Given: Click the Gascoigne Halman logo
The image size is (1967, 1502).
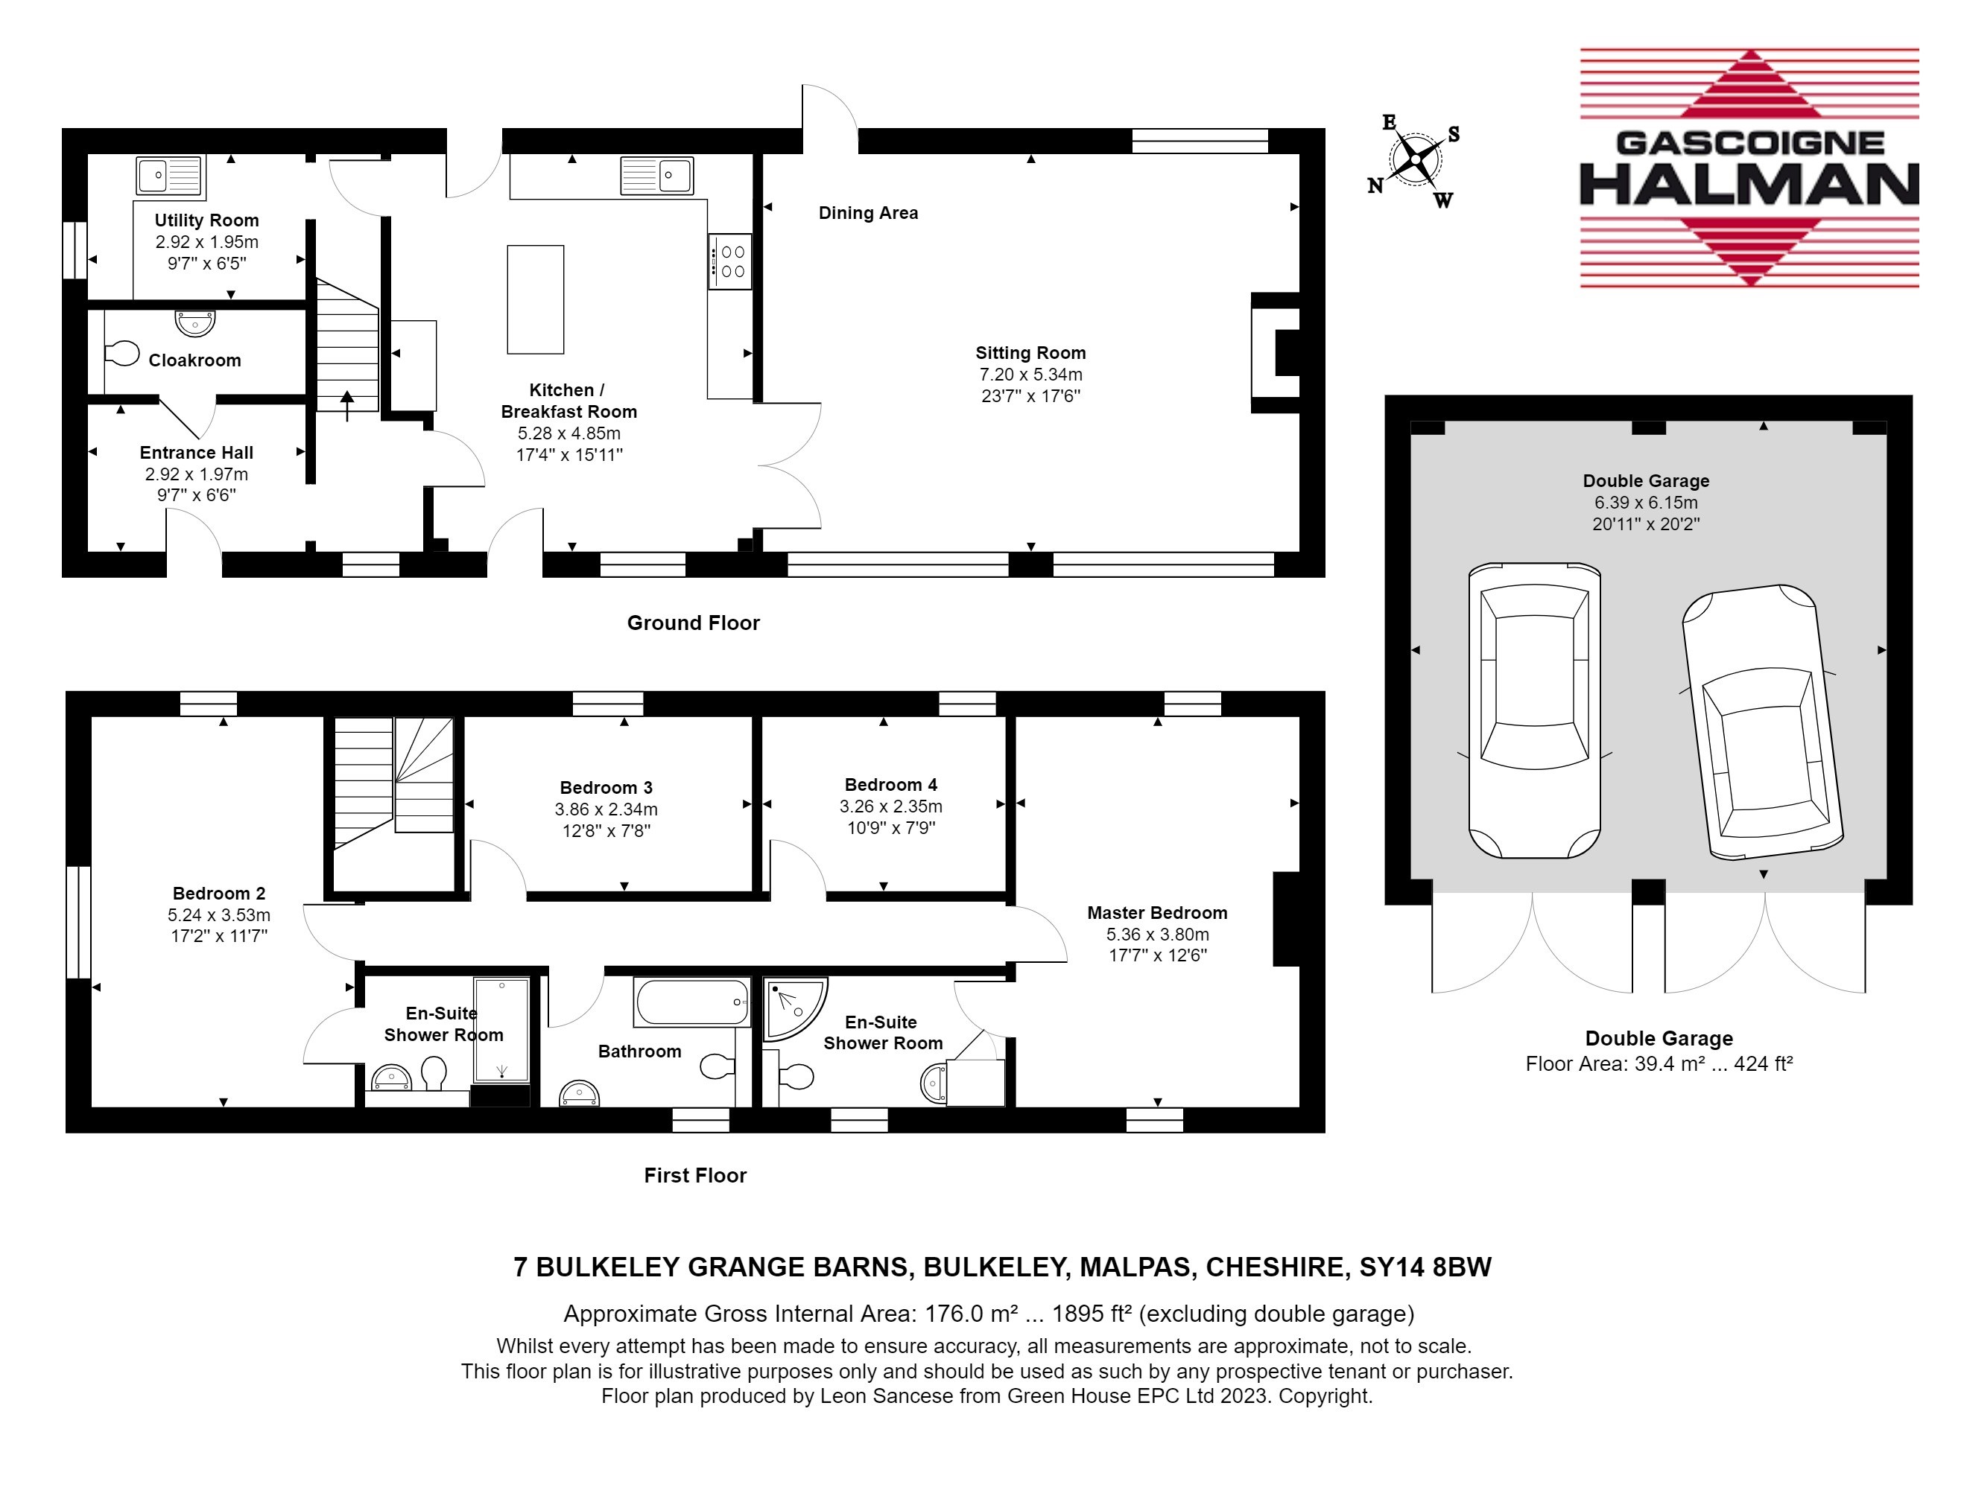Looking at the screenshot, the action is [1749, 168].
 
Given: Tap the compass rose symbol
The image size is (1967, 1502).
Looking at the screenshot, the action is [1415, 161].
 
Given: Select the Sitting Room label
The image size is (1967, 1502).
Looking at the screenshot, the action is [1030, 353].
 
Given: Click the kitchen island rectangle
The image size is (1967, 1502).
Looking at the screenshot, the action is [536, 299].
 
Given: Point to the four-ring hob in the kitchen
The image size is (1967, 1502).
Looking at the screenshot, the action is [730, 261].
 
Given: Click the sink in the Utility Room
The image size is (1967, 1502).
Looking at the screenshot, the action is [170, 175].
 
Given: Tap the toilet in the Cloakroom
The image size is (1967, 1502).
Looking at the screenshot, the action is [121, 354].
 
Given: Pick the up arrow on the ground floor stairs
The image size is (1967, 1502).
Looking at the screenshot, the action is [347, 405].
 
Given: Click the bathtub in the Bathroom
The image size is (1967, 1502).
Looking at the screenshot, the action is [692, 1002].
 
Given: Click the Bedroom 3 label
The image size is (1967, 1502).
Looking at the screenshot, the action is [606, 788].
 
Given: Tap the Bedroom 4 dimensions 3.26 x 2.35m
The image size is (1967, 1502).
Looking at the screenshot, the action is [891, 806].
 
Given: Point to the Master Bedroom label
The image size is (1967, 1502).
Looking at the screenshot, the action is [1158, 913].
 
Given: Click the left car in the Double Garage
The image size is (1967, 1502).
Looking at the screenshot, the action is [1534, 710].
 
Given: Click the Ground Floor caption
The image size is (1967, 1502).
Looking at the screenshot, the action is [693, 623].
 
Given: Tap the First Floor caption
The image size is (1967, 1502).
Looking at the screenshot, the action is [695, 1176].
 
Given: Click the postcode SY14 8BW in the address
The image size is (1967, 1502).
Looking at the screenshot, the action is [1426, 1267].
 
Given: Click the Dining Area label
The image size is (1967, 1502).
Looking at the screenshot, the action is [869, 213].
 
